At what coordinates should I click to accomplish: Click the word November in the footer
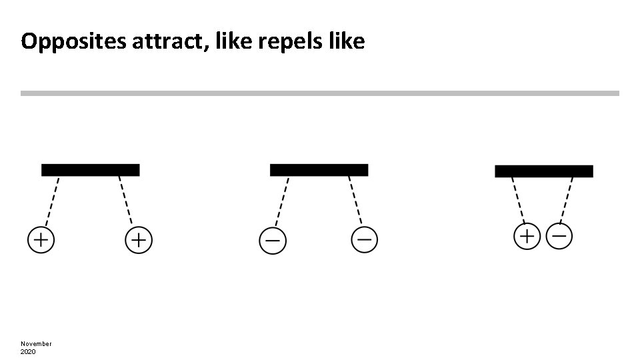click(36, 343)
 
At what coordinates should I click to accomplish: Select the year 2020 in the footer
click(28, 351)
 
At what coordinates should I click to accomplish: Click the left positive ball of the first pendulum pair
click(41, 240)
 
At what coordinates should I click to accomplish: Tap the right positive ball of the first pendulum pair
click(139, 240)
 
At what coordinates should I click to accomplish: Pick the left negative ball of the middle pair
click(272, 241)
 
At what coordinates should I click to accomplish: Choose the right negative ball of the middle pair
click(364, 239)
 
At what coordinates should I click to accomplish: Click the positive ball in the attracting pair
click(527, 237)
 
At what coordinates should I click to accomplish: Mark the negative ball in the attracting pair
click(559, 235)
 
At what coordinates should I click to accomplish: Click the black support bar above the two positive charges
click(91, 170)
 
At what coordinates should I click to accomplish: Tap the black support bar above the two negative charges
click(319, 170)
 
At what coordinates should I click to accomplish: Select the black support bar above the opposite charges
click(544, 171)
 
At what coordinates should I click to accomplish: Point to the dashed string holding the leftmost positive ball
click(52, 201)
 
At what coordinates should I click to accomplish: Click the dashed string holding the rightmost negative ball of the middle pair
click(355, 200)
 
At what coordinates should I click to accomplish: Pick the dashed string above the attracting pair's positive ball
click(518, 200)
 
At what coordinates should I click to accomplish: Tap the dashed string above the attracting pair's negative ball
click(567, 199)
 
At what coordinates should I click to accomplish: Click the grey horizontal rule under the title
click(320, 93)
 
